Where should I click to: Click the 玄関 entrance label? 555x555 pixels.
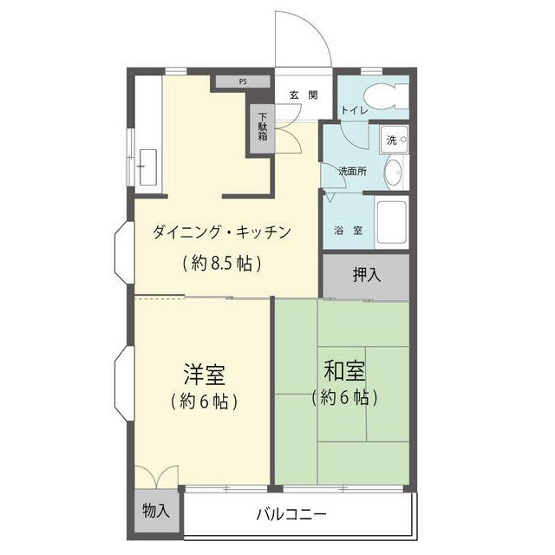(303, 95)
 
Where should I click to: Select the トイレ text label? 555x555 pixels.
(353, 111)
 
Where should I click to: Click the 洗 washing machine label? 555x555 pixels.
(391, 140)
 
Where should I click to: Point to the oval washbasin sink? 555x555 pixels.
(392, 171)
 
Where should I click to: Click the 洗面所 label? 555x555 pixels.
(352, 171)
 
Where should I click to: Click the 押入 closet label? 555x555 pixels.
(366, 276)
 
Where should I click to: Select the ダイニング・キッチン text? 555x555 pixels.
(219, 232)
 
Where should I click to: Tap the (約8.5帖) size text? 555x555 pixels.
(222, 263)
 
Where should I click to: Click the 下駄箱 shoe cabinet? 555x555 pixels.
(262, 129)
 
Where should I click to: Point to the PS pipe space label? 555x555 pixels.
(243, 82)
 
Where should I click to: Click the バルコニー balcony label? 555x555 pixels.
(291, 514)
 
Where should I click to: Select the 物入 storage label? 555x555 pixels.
(156, 511)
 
